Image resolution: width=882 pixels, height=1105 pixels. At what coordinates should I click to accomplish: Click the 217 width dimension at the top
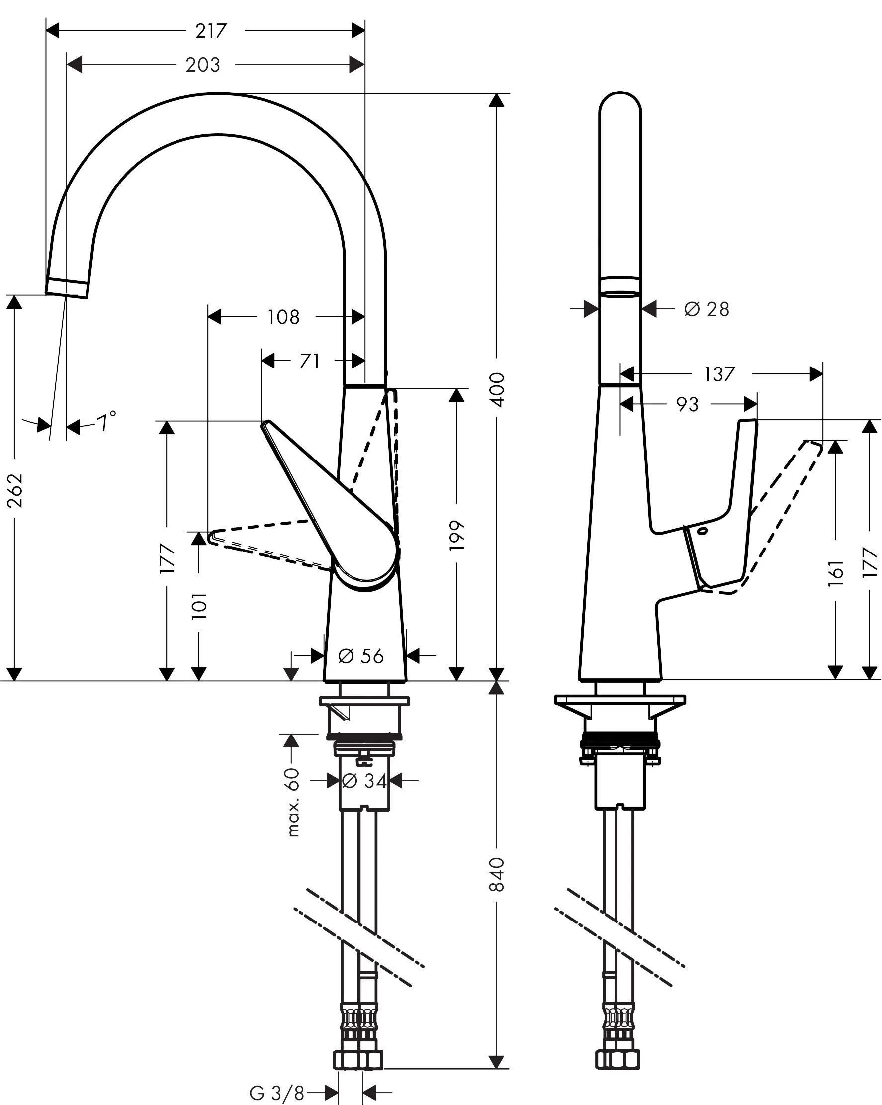point(211,31)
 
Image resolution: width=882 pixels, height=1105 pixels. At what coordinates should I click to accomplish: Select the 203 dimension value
point(203,65)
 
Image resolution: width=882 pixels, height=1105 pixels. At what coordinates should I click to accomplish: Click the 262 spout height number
point(15,490)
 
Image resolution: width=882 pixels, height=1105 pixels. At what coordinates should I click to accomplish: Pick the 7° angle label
point(106,422)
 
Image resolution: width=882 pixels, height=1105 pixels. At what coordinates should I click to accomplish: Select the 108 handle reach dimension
point(283,317)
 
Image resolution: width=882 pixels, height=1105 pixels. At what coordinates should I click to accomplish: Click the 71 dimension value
point(309,362)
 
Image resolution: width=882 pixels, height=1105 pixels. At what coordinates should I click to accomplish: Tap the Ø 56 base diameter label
point(361,656)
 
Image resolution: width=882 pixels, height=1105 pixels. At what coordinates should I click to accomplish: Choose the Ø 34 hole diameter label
point(364,781)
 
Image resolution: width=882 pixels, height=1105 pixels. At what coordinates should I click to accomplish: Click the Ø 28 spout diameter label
point(706,309)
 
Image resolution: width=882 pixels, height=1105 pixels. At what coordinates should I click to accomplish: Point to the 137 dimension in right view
point(719,374)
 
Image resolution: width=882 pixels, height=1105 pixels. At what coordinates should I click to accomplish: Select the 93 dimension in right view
point(687,405)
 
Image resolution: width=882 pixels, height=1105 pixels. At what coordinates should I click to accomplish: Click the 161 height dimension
point(836,573)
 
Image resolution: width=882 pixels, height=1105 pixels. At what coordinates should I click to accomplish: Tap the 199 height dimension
point(456,536)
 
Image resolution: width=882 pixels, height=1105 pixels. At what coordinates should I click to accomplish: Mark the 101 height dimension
point(199,606)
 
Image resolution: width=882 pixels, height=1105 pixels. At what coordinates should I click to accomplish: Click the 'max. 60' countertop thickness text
point(293,802)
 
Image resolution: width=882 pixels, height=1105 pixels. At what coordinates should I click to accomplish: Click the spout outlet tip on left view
point(67,288)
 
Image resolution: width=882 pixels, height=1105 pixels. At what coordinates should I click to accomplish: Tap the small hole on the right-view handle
point(702,531)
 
